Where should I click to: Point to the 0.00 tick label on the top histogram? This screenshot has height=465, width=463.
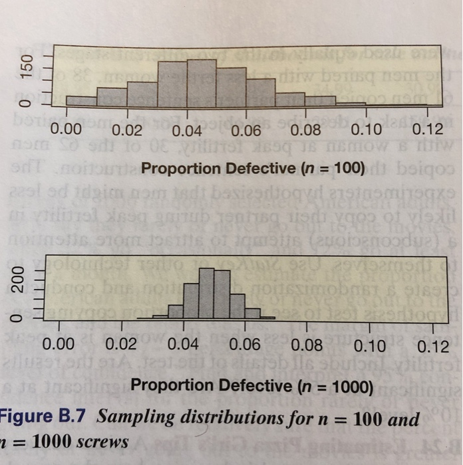pos(65,129)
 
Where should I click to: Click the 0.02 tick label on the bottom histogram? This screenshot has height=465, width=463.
pos(120,343)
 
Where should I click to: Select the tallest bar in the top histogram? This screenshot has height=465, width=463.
pos(202,81)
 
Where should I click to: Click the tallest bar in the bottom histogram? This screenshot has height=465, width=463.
pos(208,292)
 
